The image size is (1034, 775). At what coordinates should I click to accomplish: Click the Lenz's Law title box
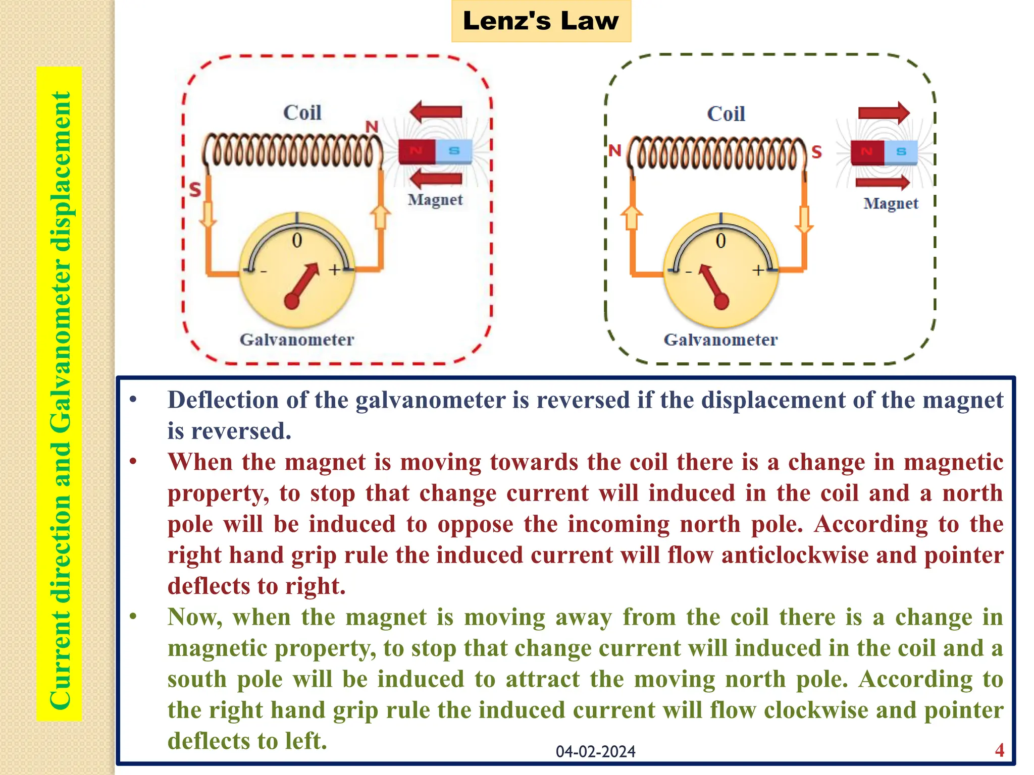tap(541, 21)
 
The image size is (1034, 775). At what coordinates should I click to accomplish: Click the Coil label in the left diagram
tap(302, 113)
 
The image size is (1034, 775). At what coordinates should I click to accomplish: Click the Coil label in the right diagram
tap(726, 114)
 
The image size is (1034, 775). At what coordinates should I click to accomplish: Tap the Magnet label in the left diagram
tap(435, 200)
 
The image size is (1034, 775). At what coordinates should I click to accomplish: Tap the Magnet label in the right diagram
tap(891, 203)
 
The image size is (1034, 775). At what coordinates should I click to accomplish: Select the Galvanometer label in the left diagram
tap(297, 340)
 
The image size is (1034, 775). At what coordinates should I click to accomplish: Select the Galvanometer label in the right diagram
tap(720, 340)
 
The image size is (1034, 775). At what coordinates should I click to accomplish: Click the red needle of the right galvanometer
tap(712, 285)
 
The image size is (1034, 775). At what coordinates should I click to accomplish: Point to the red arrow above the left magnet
tap(436, 112)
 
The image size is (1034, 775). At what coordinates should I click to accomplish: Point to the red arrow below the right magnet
tap(883, 182)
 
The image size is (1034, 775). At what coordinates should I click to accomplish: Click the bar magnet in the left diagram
tap(435, 151)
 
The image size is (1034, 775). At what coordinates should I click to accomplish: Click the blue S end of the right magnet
tap(901, 151)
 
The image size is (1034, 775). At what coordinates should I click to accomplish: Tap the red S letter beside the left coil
tap(195, 190)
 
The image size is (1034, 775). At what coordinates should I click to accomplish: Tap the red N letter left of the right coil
tap(614, 150)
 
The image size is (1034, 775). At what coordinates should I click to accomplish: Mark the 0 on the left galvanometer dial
tap(297, 241)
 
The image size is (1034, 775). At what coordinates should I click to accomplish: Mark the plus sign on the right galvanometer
tap(758, 270)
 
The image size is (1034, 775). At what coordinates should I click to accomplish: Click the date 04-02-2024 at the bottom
tap(595, 752)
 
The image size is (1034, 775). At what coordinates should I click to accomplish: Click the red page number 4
tap(1000, 750)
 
